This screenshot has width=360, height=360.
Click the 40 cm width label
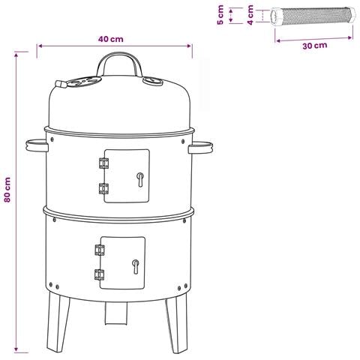pos(110,39)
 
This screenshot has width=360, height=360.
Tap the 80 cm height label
pos(7,190)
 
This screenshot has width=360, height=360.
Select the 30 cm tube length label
pos(315,46)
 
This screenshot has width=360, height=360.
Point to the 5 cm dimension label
pos(220,15)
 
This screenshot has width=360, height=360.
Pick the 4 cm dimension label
pos(250,15)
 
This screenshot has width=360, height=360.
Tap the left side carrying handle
pos(37,145)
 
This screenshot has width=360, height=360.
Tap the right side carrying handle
pos(200,148)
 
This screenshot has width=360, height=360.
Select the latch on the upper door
pos(140,179)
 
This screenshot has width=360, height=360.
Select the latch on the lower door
pos(136,267)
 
